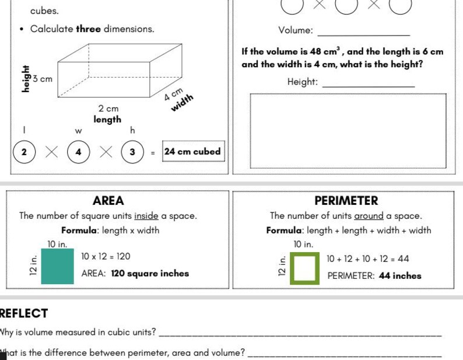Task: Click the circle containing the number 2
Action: (x=24, y=152)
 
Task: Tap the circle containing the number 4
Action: (x=78, y=152)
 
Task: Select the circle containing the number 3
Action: (x=132, y=152)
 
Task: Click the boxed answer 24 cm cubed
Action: (x=192, y=152)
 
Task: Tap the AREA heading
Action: (x=108, y=201)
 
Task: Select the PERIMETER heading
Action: (x=346, y=201)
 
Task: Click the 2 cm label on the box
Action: (x=108, y=109)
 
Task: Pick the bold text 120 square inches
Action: (x=150, y=273)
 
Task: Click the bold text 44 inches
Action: (x=399, y=275)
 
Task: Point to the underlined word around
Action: (x=369, y=216)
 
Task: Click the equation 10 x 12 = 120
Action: (x=106, y=257)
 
